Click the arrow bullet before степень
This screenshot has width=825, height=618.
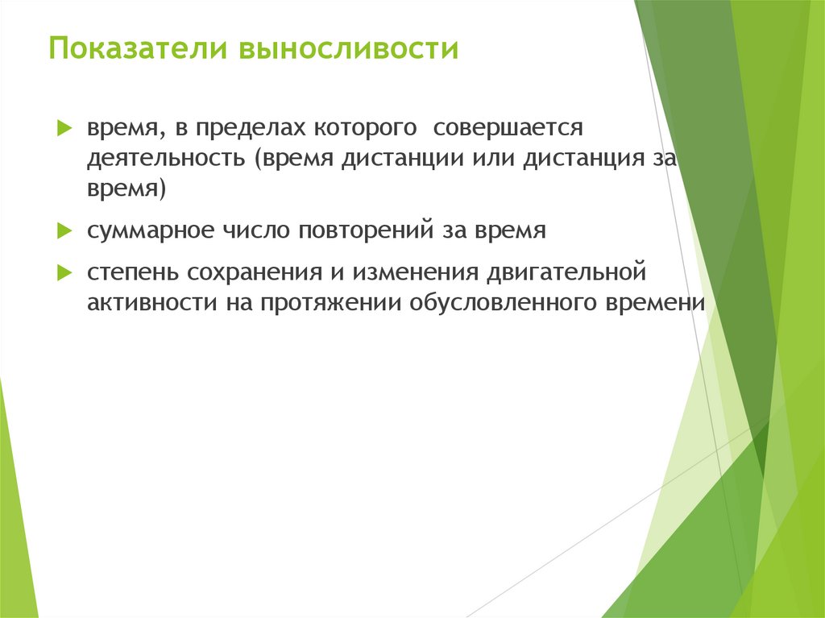tap(64, 273)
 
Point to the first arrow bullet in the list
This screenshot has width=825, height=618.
tap(64, 128)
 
